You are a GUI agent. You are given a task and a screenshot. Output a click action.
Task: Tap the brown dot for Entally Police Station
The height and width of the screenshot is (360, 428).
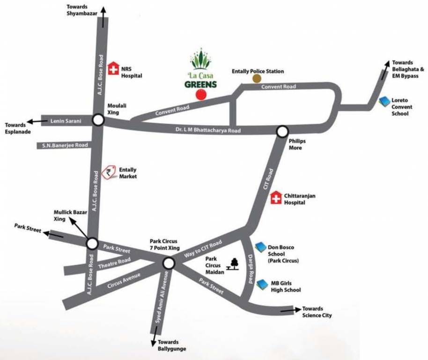257,78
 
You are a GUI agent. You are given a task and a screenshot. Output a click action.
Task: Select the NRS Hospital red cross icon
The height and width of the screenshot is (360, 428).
113,69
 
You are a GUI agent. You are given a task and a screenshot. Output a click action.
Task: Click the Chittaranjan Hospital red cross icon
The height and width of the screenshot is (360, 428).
277,198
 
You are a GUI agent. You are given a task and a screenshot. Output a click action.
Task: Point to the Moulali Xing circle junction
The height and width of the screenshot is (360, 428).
98,120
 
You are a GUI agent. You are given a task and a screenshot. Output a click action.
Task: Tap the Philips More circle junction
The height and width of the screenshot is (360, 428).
282,131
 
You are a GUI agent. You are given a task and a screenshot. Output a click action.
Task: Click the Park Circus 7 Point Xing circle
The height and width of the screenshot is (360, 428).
169,263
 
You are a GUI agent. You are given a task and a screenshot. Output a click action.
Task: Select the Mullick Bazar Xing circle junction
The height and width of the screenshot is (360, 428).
92,243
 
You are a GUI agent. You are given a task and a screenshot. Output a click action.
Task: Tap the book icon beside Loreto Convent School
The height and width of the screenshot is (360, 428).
384,101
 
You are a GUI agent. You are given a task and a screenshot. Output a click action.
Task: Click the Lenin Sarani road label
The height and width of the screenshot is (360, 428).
66,121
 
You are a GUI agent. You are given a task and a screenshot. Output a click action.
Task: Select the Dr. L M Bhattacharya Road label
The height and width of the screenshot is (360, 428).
207,129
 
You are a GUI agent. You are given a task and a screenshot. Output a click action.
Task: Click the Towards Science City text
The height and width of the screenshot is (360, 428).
317,312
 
